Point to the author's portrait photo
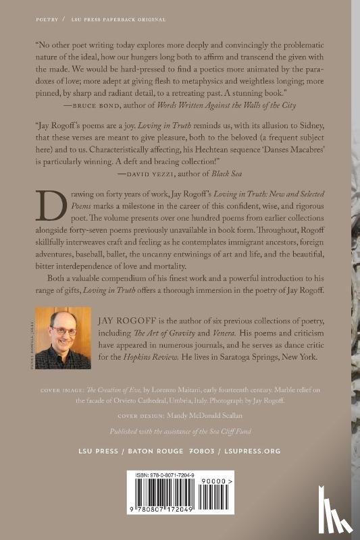pos(66,338)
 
